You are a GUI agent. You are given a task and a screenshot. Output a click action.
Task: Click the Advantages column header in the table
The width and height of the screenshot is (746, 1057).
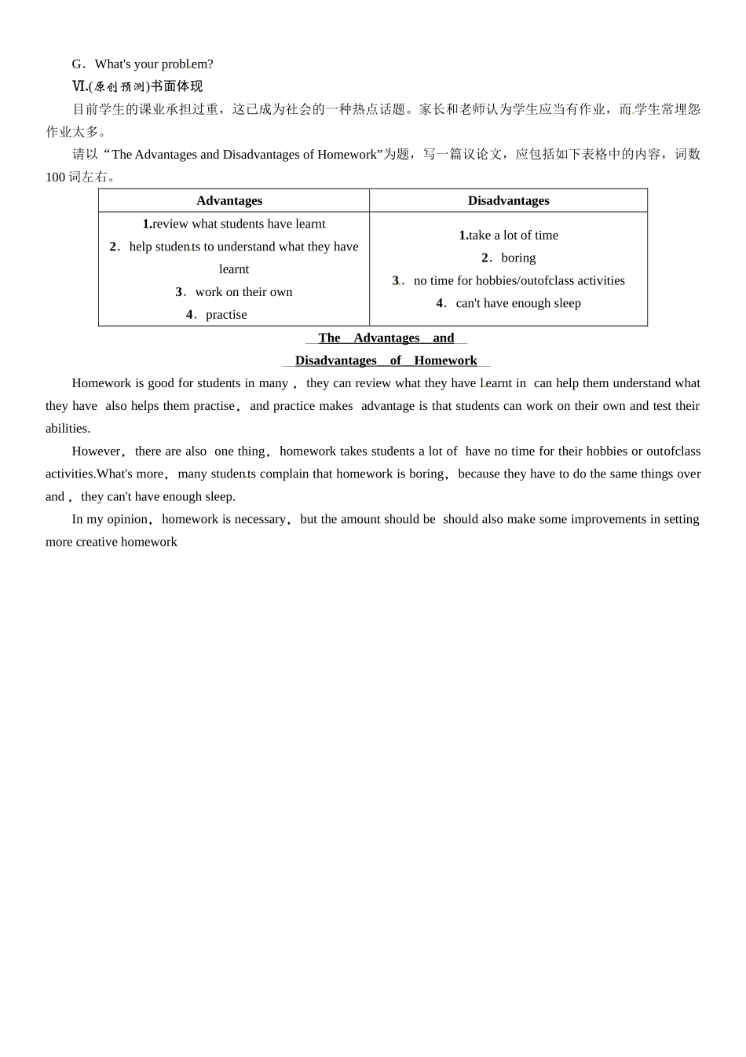(x=229, y=201)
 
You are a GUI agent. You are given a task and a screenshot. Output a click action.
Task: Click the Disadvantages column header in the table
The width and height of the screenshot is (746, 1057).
(x=508, y=201)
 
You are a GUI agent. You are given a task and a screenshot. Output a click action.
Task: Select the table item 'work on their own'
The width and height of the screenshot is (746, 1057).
(x=243, y=292)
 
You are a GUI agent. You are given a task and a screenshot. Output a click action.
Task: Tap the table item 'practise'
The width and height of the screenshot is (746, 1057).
(x=226, y=315)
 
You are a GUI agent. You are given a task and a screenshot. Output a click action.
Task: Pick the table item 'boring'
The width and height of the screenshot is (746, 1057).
(x=518, y=258)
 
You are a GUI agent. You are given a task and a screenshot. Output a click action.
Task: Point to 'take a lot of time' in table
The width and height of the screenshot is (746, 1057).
(x=514, y=236)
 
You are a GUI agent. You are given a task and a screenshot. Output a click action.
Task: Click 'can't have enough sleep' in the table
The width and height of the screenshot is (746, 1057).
(x=518, y=304)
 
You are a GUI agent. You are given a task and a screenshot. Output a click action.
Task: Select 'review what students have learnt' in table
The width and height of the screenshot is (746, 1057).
(x=239, y=224)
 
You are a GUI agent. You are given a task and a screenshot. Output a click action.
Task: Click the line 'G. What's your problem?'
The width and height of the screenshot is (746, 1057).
(x=142, y=64)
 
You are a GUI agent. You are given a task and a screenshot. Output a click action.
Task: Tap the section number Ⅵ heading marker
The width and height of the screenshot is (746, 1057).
(x=79, y=86)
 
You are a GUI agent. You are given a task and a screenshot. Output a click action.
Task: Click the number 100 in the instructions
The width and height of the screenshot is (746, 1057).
(x=55, y=177)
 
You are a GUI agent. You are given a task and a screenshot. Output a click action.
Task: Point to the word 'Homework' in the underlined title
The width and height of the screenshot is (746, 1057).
(x=445, y=360)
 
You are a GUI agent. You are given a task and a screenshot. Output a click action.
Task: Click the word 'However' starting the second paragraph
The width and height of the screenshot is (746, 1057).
(x=96, y=452)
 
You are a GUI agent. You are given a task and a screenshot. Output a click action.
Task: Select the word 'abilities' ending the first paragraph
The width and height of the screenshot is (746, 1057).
(x=67, y=429)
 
